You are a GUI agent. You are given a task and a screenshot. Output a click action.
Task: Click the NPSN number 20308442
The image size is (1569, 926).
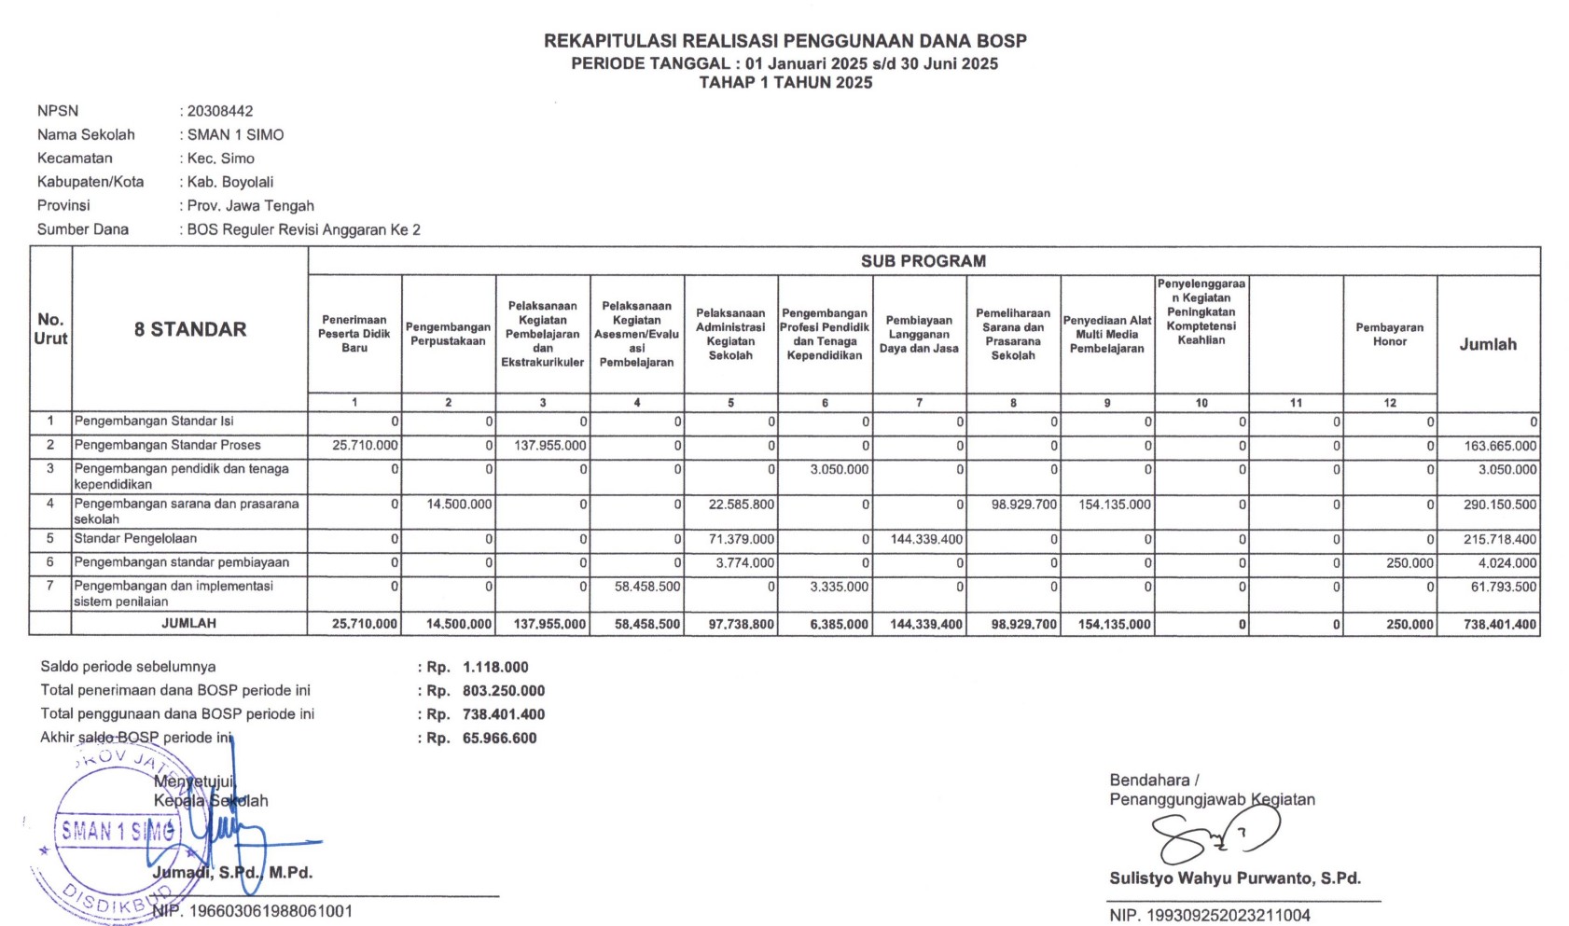(x=220, y=111)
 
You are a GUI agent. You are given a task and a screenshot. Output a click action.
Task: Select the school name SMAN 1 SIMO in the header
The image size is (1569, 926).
(x=235, y=134)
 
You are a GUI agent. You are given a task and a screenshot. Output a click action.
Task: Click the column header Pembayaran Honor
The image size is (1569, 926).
(x=1389, y=335)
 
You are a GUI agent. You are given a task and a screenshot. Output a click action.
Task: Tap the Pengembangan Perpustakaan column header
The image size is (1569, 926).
(x=448, y=334)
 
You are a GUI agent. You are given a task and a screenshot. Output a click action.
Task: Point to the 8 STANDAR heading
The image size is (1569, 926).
(x=190, y=329)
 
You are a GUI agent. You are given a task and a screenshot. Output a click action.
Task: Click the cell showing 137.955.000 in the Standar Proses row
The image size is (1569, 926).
(x=549, y=446)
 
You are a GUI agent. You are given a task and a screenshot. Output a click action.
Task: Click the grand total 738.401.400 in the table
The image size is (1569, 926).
(x=1499, y=625)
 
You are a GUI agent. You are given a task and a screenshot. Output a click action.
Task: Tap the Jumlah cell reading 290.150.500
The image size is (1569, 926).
(x=1499, y=504)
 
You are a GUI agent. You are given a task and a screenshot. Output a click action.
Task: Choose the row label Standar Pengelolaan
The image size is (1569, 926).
(x=135, y=539)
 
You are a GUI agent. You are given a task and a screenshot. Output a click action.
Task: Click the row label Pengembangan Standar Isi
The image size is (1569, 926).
(x=154, y=422)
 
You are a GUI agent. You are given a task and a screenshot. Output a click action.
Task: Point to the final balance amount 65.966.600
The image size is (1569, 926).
(x=499, y=739)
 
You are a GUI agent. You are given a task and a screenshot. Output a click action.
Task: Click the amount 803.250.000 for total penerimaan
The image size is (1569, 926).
(x=504, y=691)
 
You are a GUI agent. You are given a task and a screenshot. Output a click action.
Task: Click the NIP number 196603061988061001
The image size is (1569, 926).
(x=271, y=911)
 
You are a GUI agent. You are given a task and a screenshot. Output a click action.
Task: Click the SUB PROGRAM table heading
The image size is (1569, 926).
(x=923, y=261)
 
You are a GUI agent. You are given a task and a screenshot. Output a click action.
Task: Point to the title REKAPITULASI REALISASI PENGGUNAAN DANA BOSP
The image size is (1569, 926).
(x=784, y=41)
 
